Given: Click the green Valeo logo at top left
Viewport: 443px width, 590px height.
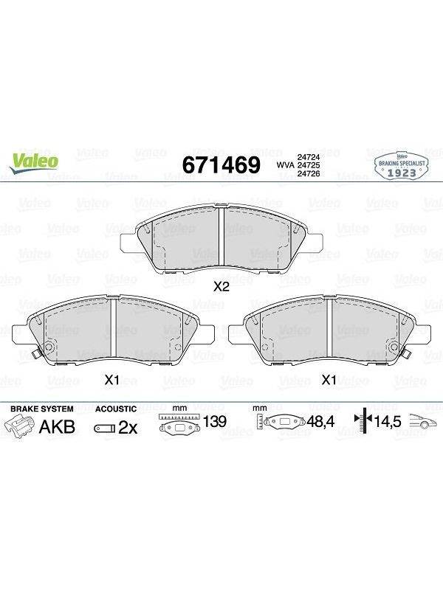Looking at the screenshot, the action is pyautogui.click(x=34, y=163).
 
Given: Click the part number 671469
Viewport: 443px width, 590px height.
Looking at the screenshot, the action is pyautogui.click(x=221, y=164).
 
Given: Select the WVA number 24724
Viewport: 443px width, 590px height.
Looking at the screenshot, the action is pyautogui.click(x=309, y=157).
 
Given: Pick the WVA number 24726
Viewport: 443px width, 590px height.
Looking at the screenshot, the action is pyautogui.click(x=309, y=173).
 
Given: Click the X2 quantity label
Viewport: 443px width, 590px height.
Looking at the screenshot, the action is pyautogui.click(x=221, y=287).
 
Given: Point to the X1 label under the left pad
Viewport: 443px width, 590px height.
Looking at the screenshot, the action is pyautogui.click(x=111, y=380).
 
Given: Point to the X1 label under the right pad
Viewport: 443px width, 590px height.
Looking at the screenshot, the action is pyautogui.click(x=329, y=380).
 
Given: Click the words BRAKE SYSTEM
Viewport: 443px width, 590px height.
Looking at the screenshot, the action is pyautogui.click(x=42, y=409).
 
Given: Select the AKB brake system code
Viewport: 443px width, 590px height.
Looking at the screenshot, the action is pyautogui.click(x=58, y=427).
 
